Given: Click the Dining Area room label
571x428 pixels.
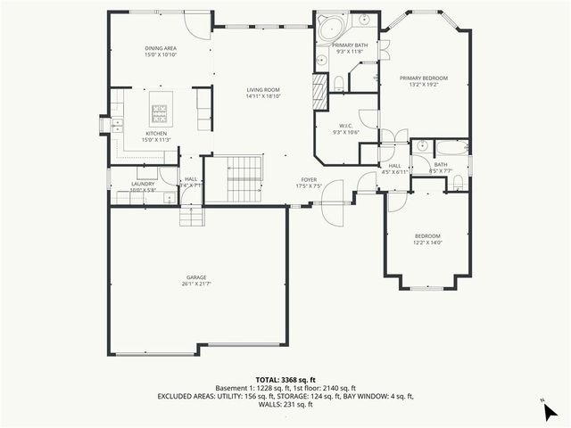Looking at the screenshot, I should pyautogui.click(x=161, y=47).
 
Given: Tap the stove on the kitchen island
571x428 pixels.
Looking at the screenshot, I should pyautogui.click(x=161, y=112).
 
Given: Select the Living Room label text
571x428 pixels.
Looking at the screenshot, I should pyautogui.click(x=263, y=90).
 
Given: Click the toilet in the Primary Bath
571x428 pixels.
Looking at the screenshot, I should pyautogui.click(x=340, y=83).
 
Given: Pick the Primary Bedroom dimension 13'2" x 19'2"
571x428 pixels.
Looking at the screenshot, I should pyautogui.click(x=424, y=85).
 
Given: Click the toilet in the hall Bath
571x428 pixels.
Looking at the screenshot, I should pyautogui.click(x=458, y=183).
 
